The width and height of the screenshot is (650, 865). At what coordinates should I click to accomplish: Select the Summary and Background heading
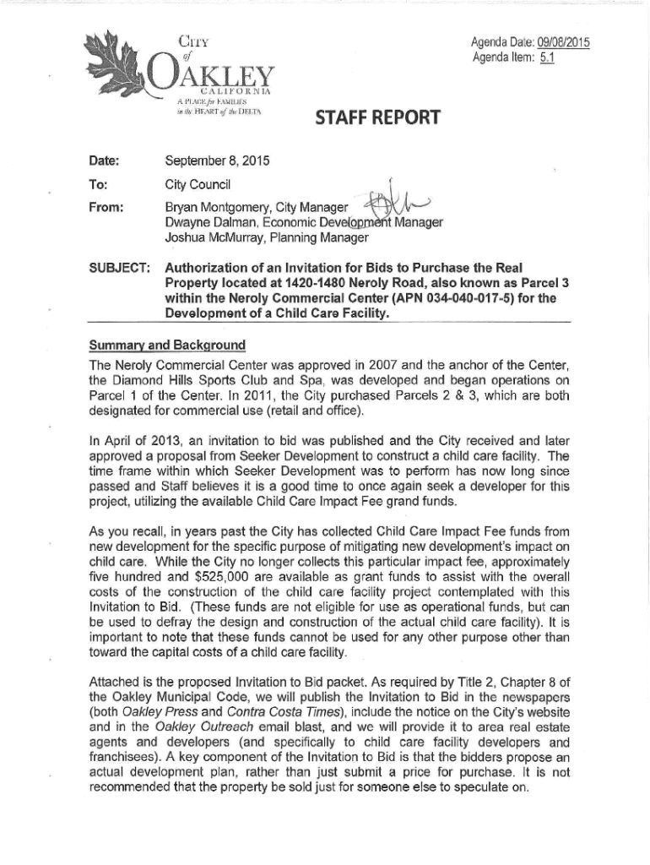(x=167, y=345)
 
